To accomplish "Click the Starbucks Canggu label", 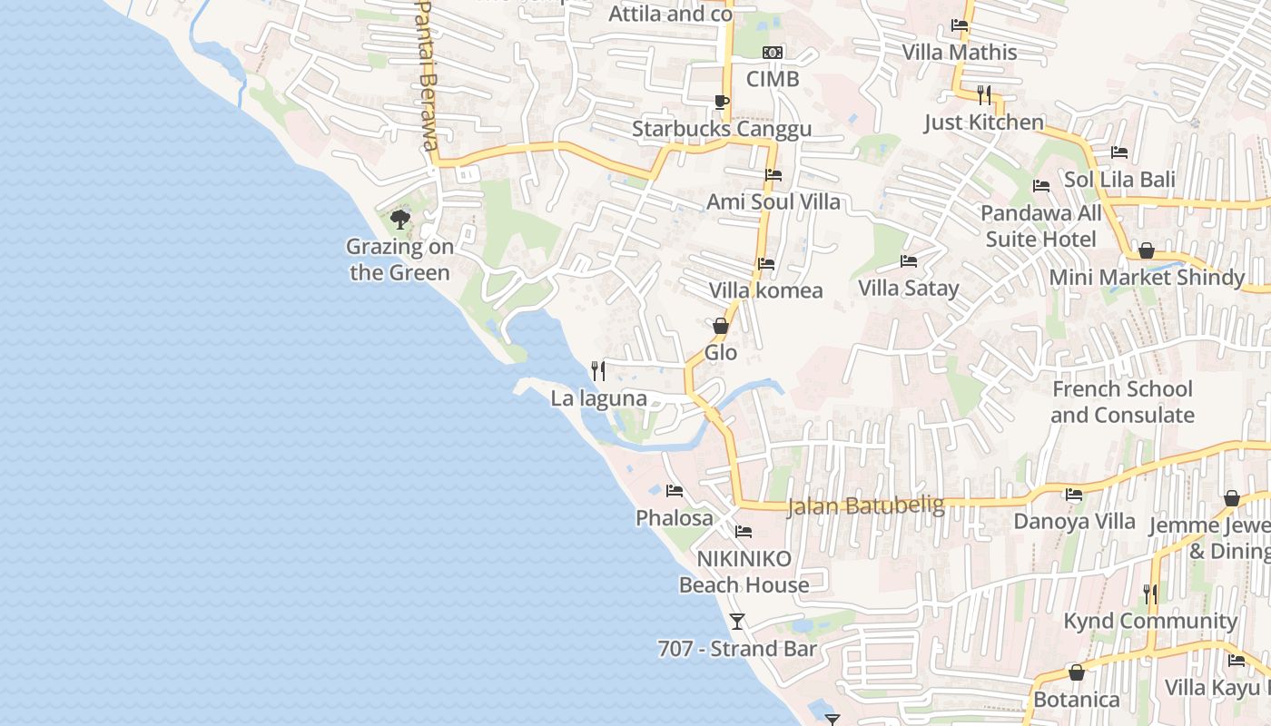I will click(x=722, y=129).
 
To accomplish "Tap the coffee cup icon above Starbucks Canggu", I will click(x=722, y=102).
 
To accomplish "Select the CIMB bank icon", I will click(x=773, y=53).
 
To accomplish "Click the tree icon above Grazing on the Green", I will click(x=399, y=219).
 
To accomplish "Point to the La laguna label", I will click(x=598, y=398).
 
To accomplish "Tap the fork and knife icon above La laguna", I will click(x=598, y=370).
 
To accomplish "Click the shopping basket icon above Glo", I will click(x=721, y=325).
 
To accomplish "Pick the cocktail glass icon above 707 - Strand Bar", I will click(x=737, y=622).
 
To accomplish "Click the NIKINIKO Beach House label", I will click(x=744, y=572).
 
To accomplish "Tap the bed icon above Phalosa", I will click(x=674, y=491).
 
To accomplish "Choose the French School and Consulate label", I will click(x=1122, y=402).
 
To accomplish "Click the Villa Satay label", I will click(x=909, y=289).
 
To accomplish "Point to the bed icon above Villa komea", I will click(x=766, y=264).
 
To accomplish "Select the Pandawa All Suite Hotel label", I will click(x=1041, y=226).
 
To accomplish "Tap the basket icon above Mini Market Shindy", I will click(x=1147, y=250).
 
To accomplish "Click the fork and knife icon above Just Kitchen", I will click(x=984, y=94).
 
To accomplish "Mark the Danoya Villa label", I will click(x=1074, y=522).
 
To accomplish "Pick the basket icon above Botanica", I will click(x=1077, y=672).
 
